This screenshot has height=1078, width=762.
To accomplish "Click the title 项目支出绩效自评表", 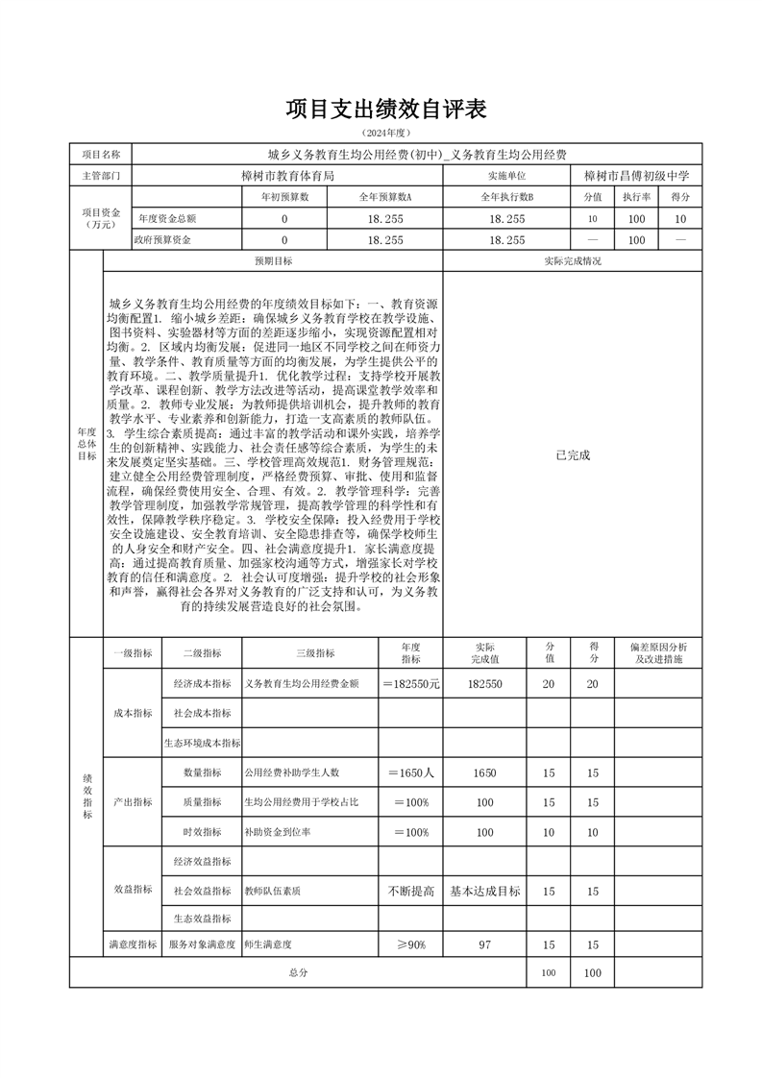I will pyautogui.click(x=385, y=109).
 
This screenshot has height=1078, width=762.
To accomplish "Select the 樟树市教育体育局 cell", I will pyautogui.click(x=286, y=176).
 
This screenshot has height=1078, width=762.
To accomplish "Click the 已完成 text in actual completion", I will pyautogui.click(x=573, y=454).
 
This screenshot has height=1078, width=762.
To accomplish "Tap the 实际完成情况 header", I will pyautogui.click(x=573, y=261).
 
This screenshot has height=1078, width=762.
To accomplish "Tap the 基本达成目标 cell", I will pyautogui.click(x=484, y=892).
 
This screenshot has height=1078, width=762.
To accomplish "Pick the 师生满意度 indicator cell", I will pyautogui.click(x=269, y=946).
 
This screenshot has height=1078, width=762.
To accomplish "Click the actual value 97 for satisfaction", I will pyautogui.click(x=484, y=946).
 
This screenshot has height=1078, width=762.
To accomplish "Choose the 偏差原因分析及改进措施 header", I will pyautogui.click(x=664, y=654).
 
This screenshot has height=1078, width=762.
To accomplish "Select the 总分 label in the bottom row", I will pyautogui.click(x=298, y=973).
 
